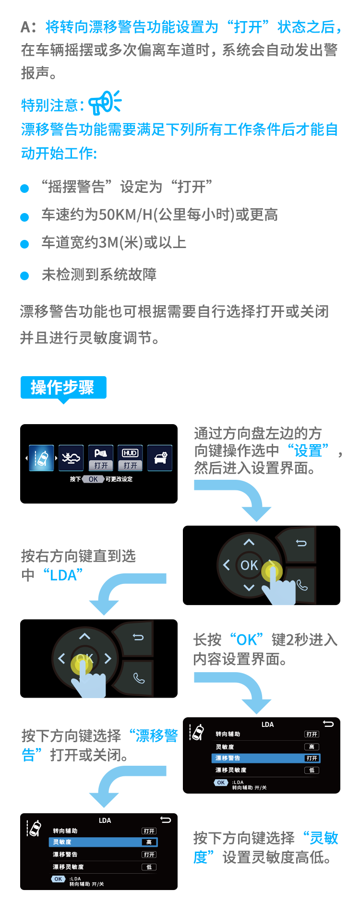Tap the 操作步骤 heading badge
pyautogui.click(x=63, y=388)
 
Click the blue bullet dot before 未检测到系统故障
pyautogui.click(x=24, y=276)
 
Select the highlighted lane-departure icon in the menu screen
pyautogui.click(x=41, y=458)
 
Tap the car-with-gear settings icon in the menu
pyautogui.click(x=160, y=458)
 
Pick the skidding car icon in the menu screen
pyautogui.click(x=71, y=458)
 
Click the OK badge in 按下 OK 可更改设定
pyautogui.click(x=93, y=479)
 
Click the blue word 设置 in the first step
pyautogui.click(x=308, y=451)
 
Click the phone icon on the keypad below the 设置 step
pyautogui.click(x=302, y=585)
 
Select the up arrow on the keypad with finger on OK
pyautogui.click(x=84, y=636)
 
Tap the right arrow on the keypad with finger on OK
pyautogui.click(x=108, y=658)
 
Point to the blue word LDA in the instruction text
pyautogui.click(x=63, y=575)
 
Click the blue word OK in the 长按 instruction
pyautogui.click(x=247, y=640)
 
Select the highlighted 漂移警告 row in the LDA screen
pyautogui.click(x=266, y=759)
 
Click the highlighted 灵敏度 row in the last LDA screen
pyautogui.click(x=103, y=842)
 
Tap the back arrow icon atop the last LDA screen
pyautogui.click(x=166, y=820)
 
